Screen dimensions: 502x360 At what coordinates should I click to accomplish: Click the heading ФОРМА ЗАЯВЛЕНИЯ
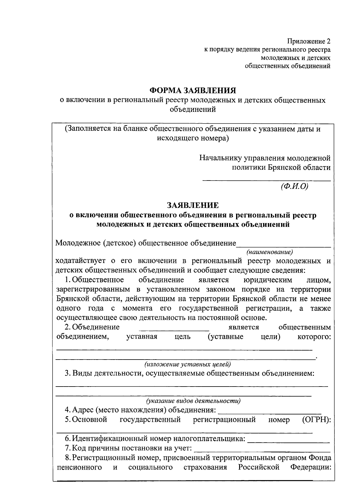pyautogui.click(x=193, y=90)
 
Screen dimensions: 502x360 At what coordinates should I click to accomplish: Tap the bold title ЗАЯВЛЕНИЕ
pyautogui.click(x=193, y=205)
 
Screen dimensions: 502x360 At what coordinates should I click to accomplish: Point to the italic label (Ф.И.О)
pyautogui.click(x=294, y=186)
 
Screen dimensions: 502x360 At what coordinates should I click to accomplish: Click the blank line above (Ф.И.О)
pyautogui.click(x=266, y=180)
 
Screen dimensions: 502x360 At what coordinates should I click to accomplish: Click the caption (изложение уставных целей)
pyautogui.click(x=187, y=364)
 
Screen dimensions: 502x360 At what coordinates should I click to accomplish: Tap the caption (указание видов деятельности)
pyautogui.click(x=193, y=401)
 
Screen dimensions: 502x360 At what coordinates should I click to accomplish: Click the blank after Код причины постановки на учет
pyautogui.click(x=262, y=451)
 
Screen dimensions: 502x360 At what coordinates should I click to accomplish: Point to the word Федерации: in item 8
pyautogui.click(x=310, y=467)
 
